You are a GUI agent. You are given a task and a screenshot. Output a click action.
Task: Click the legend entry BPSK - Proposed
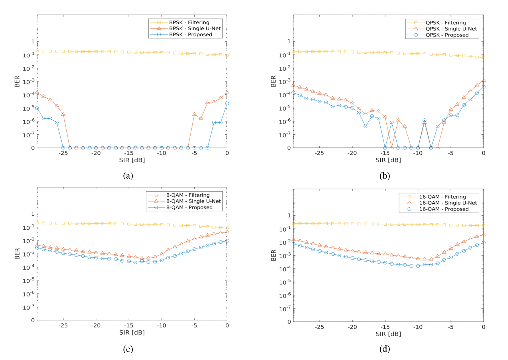[190, 35]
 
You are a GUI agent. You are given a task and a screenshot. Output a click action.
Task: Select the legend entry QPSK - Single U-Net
[451, 29]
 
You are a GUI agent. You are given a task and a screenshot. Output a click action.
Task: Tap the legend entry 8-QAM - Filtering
[188, 195]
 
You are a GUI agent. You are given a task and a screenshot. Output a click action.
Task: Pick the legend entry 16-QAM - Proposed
[444, 209]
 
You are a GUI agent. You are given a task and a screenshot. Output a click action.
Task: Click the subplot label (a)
[128, 175]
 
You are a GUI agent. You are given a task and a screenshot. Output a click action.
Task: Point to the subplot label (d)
[385, 349]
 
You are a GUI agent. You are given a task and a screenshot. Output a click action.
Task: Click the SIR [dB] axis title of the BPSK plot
[132, 160]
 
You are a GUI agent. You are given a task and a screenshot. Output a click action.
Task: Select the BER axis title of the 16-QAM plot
[274, 255]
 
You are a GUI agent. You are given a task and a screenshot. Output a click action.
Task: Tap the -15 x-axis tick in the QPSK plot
[385, 153]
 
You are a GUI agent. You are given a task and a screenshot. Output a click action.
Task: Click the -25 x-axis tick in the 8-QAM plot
[63, 325]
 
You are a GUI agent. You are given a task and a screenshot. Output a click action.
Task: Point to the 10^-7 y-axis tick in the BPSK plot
[29, 135]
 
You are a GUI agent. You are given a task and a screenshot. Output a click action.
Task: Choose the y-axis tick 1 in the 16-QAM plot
[289, 215]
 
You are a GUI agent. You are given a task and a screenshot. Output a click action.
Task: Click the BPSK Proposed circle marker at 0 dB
[227, 104]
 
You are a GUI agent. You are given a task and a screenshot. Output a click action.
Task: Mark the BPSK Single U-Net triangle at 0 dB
[227, 93]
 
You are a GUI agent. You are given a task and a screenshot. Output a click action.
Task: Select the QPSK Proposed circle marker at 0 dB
[483, 87]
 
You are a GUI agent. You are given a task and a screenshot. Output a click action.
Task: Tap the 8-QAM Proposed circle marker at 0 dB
[227, 241]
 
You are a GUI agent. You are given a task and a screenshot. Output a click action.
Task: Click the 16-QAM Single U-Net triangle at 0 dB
[483, 235]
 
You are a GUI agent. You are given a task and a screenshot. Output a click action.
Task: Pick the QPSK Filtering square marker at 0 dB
[483, 58]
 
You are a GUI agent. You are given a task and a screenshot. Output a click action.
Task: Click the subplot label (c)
[128, 349]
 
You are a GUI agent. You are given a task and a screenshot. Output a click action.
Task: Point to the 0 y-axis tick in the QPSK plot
[289, 148]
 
